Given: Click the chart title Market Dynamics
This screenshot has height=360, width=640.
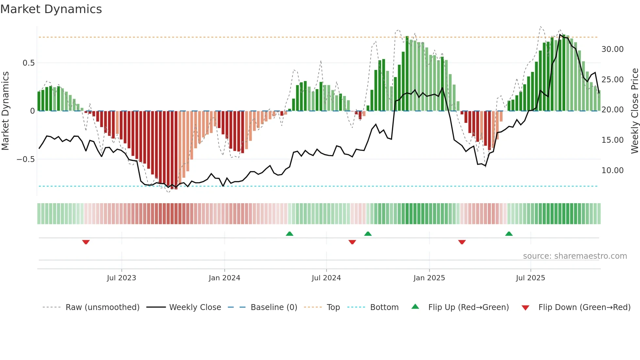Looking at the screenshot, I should [x=51, y=9].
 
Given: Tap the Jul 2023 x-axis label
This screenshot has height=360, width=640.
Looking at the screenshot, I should [x=121, y=278].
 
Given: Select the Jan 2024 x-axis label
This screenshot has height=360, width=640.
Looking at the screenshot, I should [x=224, y=278].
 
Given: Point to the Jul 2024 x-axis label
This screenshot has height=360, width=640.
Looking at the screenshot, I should [x=326, y=278].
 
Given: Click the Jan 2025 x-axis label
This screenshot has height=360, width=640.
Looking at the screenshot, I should [x=429, y=278].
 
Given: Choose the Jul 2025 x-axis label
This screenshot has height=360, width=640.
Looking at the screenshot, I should [x=530, y=278].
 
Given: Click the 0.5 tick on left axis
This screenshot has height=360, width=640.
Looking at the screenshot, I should [x=28, y=63].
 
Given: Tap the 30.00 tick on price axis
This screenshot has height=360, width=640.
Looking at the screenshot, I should [x=612, y=49].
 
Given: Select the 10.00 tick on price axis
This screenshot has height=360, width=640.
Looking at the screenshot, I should [x=612, y=171].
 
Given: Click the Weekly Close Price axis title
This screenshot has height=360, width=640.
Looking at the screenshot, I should [x=634, y=111].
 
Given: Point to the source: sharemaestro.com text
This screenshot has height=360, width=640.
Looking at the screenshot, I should [x=575, y=256].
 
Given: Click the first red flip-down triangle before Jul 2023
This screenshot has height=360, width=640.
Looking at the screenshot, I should [x=86, y=242].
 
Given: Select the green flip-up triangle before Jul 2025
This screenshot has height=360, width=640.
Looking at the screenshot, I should [x=509, y=234].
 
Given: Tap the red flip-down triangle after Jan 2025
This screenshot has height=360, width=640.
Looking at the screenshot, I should [x=462, y=242].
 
